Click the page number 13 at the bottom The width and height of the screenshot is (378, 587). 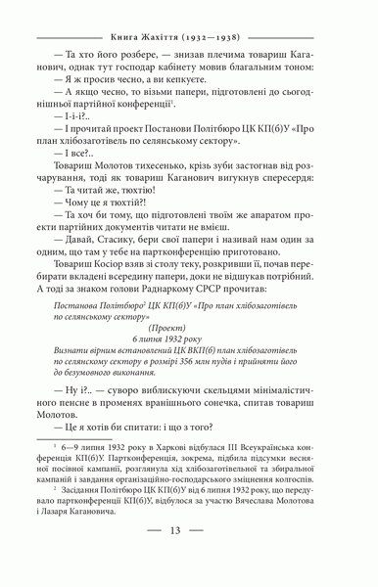pyautogui.click(x=189, y=559)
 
